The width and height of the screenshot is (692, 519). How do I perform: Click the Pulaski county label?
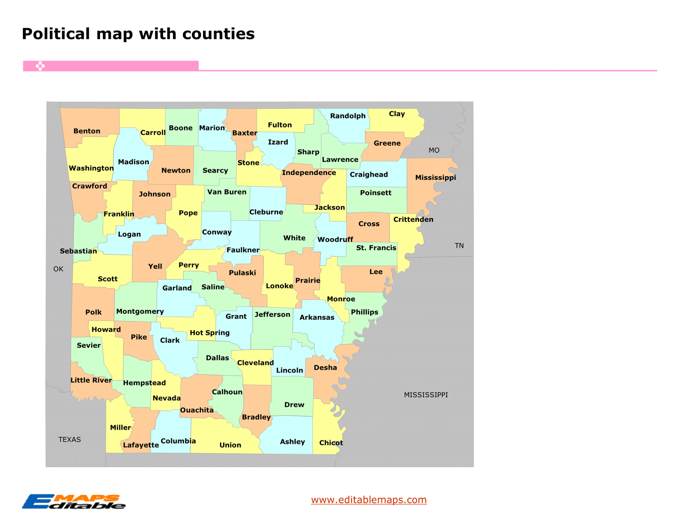point(243,273)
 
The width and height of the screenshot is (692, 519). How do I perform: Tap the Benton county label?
point(87,131)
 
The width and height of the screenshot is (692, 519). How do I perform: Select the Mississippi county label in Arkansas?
point(435,178)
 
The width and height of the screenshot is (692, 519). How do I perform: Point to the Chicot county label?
point(331,443)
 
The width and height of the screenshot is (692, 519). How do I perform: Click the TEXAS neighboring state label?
point(69,440)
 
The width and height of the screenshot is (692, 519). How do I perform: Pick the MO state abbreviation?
point(434,150)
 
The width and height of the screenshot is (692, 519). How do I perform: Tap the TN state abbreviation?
point(459,246)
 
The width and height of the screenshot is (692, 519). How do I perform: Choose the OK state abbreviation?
point(58,269)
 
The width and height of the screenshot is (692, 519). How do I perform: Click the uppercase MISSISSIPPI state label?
point(426,395)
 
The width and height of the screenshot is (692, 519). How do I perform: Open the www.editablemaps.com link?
point(369,500)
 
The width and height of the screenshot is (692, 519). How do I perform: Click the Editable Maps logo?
point(74,502)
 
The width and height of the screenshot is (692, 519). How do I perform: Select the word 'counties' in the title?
point(218,34)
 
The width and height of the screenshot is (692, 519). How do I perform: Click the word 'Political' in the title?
point(56,34)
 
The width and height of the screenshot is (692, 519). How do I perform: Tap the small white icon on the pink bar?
point(40,66)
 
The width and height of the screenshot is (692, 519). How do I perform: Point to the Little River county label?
point(91,380)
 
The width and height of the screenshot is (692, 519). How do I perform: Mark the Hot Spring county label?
point(210,333)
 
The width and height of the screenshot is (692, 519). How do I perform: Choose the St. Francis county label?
point(376,248)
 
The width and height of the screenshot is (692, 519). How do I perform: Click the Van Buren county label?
point(227,192)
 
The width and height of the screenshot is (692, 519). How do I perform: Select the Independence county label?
point(309,173)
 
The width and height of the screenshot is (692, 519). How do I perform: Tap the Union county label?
point(230,445)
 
